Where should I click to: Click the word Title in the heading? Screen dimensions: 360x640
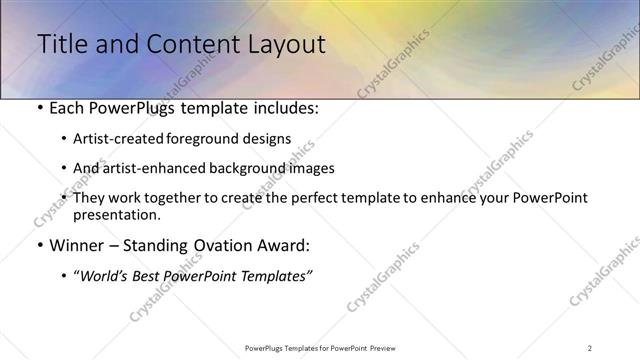(x=59, y=44)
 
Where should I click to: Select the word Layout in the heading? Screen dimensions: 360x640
(x=282, y=44)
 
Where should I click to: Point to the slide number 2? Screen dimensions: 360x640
(x=589, y=347)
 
